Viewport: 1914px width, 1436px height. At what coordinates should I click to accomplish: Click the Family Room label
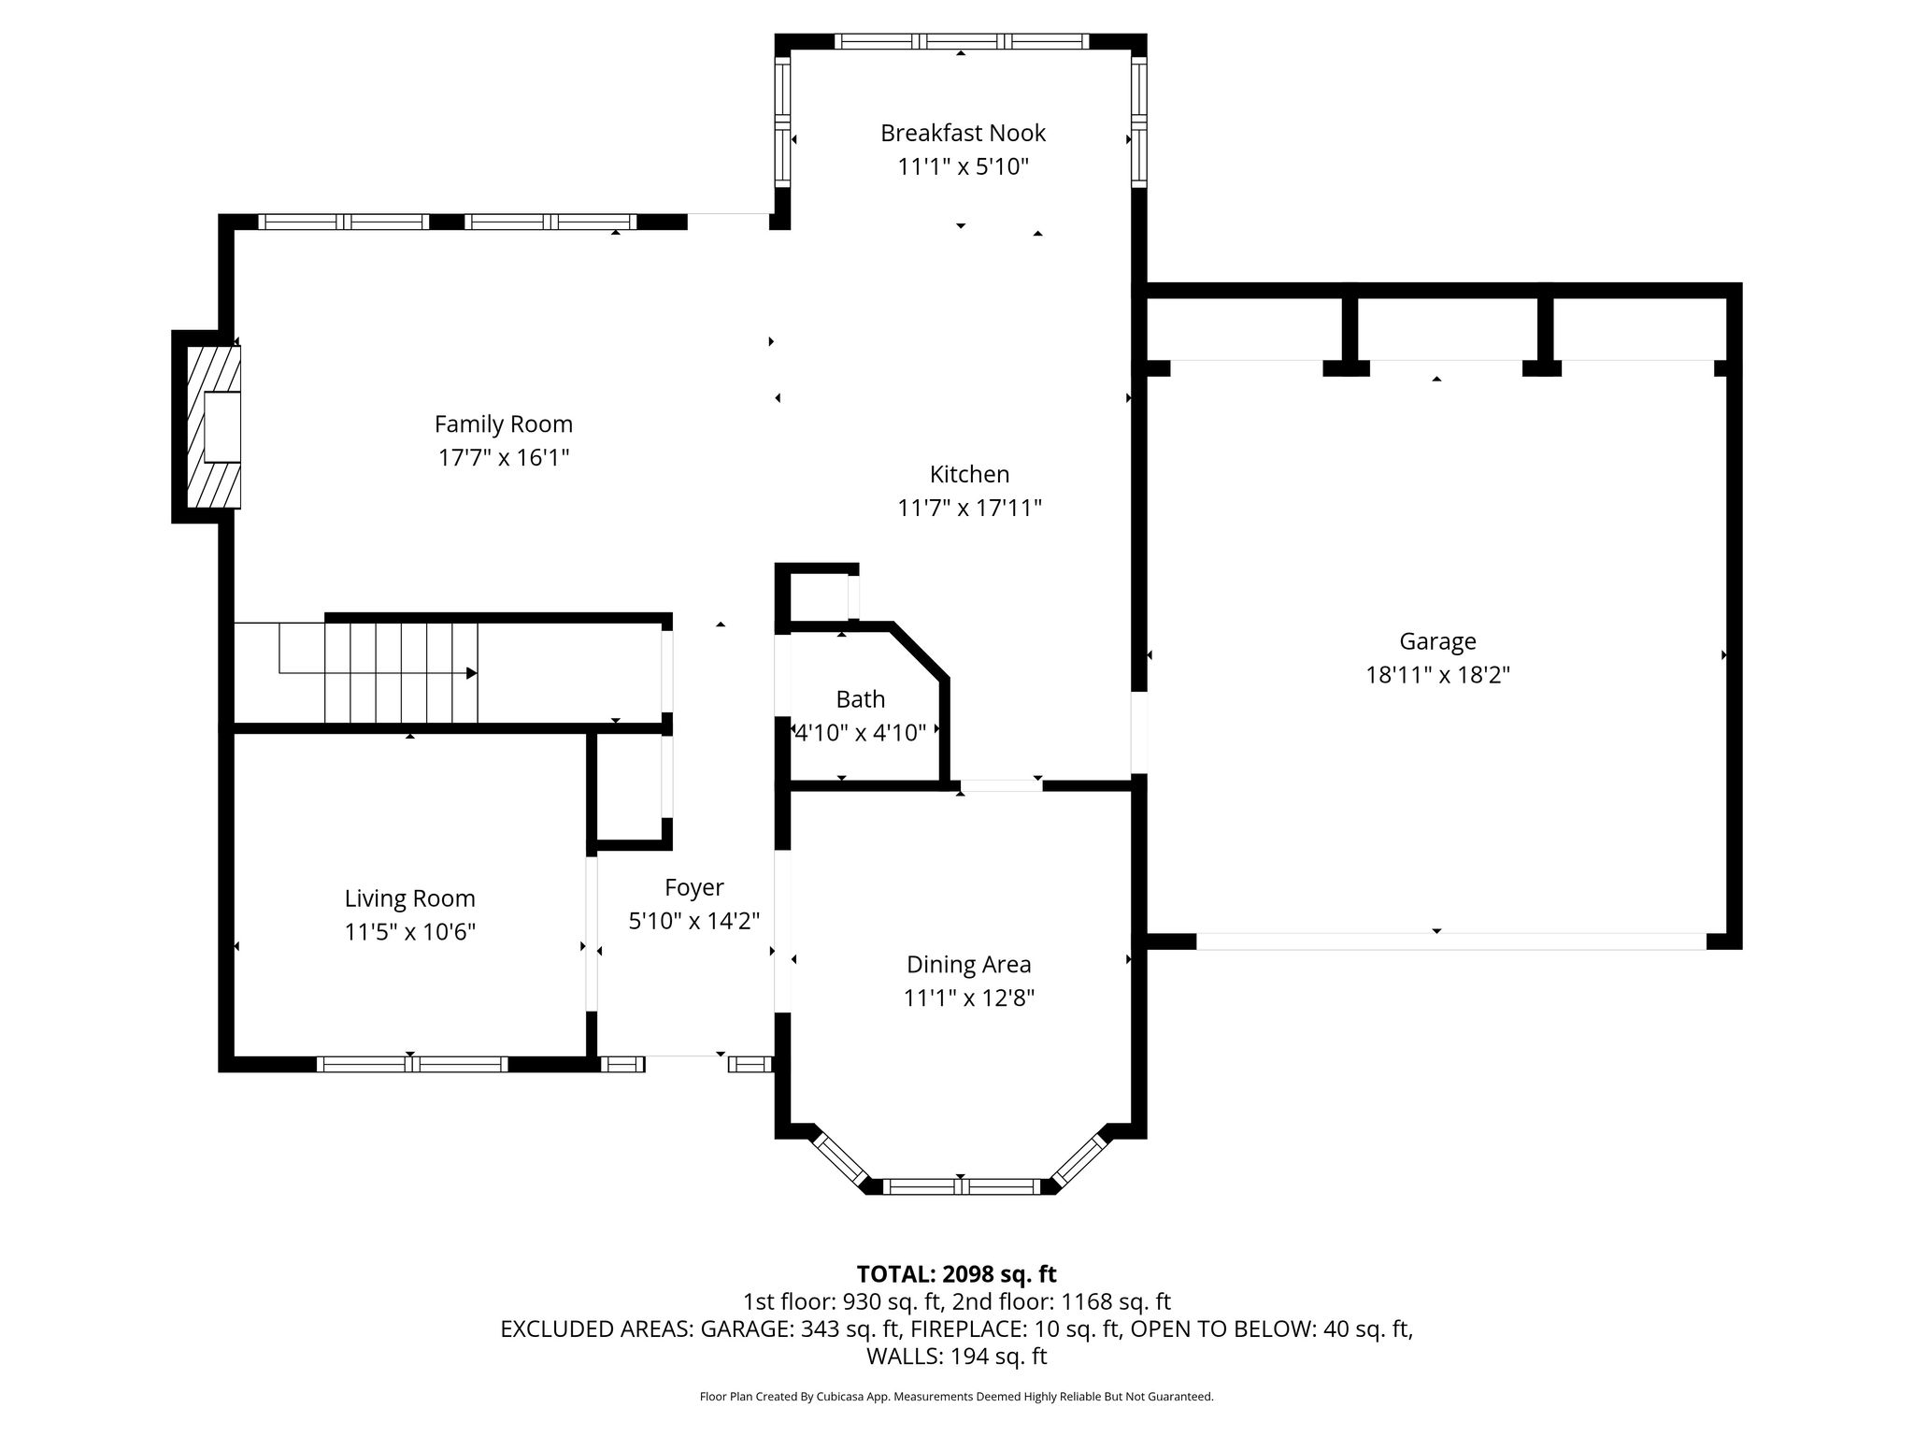(x=503, y=424)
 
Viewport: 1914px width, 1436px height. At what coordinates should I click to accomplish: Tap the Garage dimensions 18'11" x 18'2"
(x=1437, y=674)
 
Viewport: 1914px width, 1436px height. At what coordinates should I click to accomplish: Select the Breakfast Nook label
(x=963, y=133)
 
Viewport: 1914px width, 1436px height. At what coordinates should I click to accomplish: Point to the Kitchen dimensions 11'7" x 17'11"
(x=969, y=508)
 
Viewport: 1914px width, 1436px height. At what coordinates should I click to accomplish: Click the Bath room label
(x=860, y=699)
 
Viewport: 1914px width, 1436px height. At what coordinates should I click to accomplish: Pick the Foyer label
(x=693, y=887)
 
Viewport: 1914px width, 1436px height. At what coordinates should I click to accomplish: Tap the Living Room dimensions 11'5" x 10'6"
(x=409, y=932)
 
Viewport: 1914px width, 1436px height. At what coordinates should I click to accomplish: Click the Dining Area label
(x=968, y=964)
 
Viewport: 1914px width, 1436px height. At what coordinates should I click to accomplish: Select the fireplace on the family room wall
(x=213, y=427)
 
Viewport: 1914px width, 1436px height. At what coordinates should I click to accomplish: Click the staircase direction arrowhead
(x=472, y=673)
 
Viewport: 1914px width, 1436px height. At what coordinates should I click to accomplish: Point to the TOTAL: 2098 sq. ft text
(x=956, y=1273)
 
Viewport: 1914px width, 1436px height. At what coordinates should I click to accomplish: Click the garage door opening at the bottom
(x=1451, y=941)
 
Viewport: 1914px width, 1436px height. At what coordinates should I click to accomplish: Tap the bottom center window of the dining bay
(x=962, y=1186)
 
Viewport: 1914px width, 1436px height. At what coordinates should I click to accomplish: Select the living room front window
(x=412, y=1064)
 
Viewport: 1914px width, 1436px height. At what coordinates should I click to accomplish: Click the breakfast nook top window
(x=961, y=41)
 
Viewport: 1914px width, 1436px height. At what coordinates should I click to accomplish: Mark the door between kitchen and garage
(x=1139, y=733)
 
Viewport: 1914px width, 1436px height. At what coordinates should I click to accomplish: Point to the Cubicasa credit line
(x=956, y=1397)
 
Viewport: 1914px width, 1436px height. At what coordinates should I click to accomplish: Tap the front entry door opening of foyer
(x=687, y=1056)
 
